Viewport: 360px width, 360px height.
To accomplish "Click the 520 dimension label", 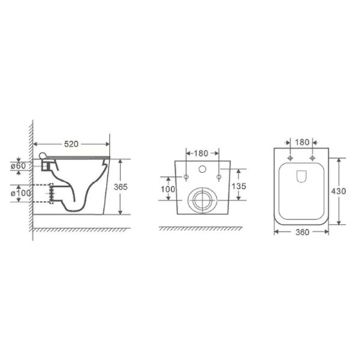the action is [71, 144].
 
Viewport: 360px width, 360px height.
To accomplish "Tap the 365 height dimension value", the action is [121, 187].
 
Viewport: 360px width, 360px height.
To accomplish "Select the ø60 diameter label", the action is [19, 166].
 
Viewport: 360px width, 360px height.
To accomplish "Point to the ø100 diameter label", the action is [20, 193].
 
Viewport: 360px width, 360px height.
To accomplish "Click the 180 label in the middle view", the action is [201, 153].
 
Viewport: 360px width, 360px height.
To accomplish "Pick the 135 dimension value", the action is [239, 186].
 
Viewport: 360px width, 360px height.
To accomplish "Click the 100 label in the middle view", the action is [168, 189].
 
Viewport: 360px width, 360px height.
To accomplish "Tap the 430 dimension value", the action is [338, 191].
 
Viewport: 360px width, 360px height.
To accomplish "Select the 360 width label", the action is [302, 232].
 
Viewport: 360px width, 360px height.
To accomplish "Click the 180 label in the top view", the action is [302, 142].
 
